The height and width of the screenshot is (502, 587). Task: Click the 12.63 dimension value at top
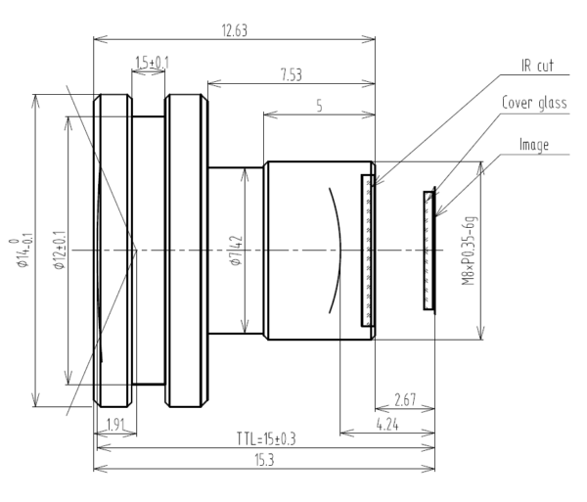coord(235,30)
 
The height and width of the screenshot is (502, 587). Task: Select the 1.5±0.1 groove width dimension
coord(151,63)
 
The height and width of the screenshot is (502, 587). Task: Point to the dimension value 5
coord(319,105)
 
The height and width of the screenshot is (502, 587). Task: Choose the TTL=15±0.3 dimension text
coord(264,437)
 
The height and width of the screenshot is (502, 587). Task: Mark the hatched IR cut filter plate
coord(368,251)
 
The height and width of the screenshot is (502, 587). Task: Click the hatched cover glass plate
coord(429,251)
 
